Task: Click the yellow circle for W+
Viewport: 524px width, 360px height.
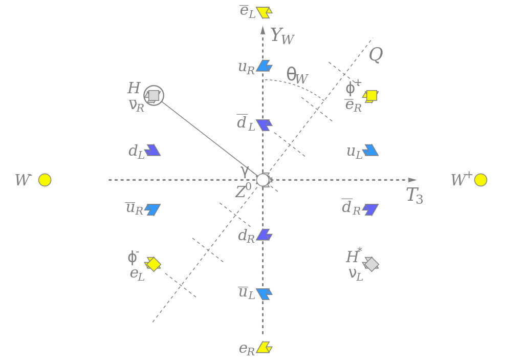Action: click(481, 180)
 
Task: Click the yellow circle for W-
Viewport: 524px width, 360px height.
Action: click(45, 180)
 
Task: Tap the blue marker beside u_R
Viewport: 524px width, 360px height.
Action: click(264, 66)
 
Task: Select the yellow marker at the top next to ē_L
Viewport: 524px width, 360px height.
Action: click(264, 12)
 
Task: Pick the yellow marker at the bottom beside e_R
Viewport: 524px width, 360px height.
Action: click(264, 347)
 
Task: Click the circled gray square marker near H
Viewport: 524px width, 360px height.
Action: click(154, 96)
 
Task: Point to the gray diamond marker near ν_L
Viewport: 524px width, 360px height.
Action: click(371, 264)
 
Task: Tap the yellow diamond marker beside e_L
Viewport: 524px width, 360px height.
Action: click(153, 264)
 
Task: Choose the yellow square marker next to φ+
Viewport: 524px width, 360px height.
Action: click(371, 96)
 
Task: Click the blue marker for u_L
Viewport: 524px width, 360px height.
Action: click(370, 150)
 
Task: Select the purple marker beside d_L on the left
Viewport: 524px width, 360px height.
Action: click(152, 150)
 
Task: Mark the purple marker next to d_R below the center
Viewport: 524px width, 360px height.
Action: click(264, 235)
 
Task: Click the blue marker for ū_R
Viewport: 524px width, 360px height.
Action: click(152, 209)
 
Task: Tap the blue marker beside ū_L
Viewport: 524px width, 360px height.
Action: click(264, 294)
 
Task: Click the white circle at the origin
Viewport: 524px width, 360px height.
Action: click(263, 180)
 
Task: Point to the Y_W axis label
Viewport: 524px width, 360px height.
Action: click(282, 36)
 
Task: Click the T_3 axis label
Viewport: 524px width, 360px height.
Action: click(414, 195)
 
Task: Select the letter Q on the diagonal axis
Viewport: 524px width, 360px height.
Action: click(376, 54)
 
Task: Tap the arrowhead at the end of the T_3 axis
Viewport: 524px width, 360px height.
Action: click(412, 180)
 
